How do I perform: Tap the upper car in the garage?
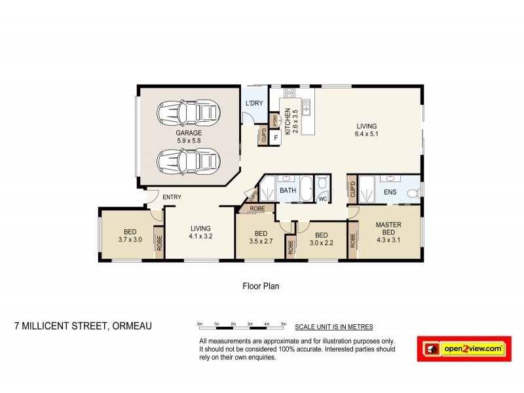tap(187, 112)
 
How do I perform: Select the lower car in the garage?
tap(187, 160)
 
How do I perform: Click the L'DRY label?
tap(253, 104)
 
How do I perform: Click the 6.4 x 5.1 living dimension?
tap(367, 135)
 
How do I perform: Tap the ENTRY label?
tap(172, 197)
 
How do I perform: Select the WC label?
tap(323, 198)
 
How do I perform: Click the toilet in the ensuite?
tap(411, 193)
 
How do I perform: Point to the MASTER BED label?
tap(388, 229)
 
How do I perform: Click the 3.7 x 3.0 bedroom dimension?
tap(130, 239)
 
